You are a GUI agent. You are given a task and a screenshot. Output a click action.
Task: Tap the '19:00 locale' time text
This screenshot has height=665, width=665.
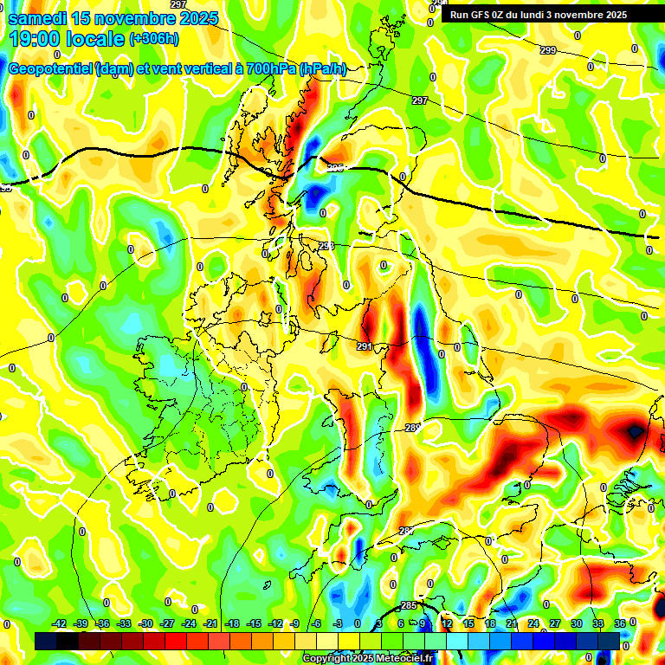click(x=66, y=39)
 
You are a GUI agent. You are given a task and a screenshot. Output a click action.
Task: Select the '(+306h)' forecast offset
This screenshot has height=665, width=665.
click(x=154, y=39)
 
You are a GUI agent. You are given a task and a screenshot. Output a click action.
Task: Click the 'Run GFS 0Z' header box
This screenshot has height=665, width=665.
click(x=539, y=14)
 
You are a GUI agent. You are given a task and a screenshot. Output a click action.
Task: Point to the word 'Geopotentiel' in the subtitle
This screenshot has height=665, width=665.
click(x=48, y=69)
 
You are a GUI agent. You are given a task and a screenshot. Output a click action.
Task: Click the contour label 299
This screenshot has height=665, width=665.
click(x=548, y=51)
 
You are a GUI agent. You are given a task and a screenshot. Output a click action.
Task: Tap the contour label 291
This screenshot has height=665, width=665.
click(x=365, y=346)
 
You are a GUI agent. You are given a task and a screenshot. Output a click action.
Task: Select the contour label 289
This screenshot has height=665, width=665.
click(x=412, y=428)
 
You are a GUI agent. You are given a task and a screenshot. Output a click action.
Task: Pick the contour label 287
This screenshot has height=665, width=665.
click(x=406, y=531)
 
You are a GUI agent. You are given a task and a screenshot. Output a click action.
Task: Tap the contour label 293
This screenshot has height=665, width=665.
click(x=326, y=247)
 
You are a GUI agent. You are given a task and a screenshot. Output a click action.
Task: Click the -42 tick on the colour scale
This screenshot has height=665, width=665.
click(x=60, y=623)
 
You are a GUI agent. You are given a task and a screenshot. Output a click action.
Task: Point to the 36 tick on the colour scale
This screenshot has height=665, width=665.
click(x=620, y=623)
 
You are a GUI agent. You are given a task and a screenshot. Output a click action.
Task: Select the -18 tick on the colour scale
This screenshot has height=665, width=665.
click(x=232, y=623)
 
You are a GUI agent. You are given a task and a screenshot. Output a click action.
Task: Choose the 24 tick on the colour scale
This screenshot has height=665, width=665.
click(x=533, y=623)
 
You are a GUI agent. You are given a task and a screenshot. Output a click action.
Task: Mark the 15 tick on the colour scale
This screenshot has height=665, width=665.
click(x=468, y=623)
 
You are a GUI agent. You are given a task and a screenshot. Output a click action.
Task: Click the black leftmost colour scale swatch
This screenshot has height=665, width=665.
click(x=46, y=641)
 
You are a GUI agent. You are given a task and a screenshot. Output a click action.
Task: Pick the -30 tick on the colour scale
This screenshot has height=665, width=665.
click(x=145, y=623)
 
